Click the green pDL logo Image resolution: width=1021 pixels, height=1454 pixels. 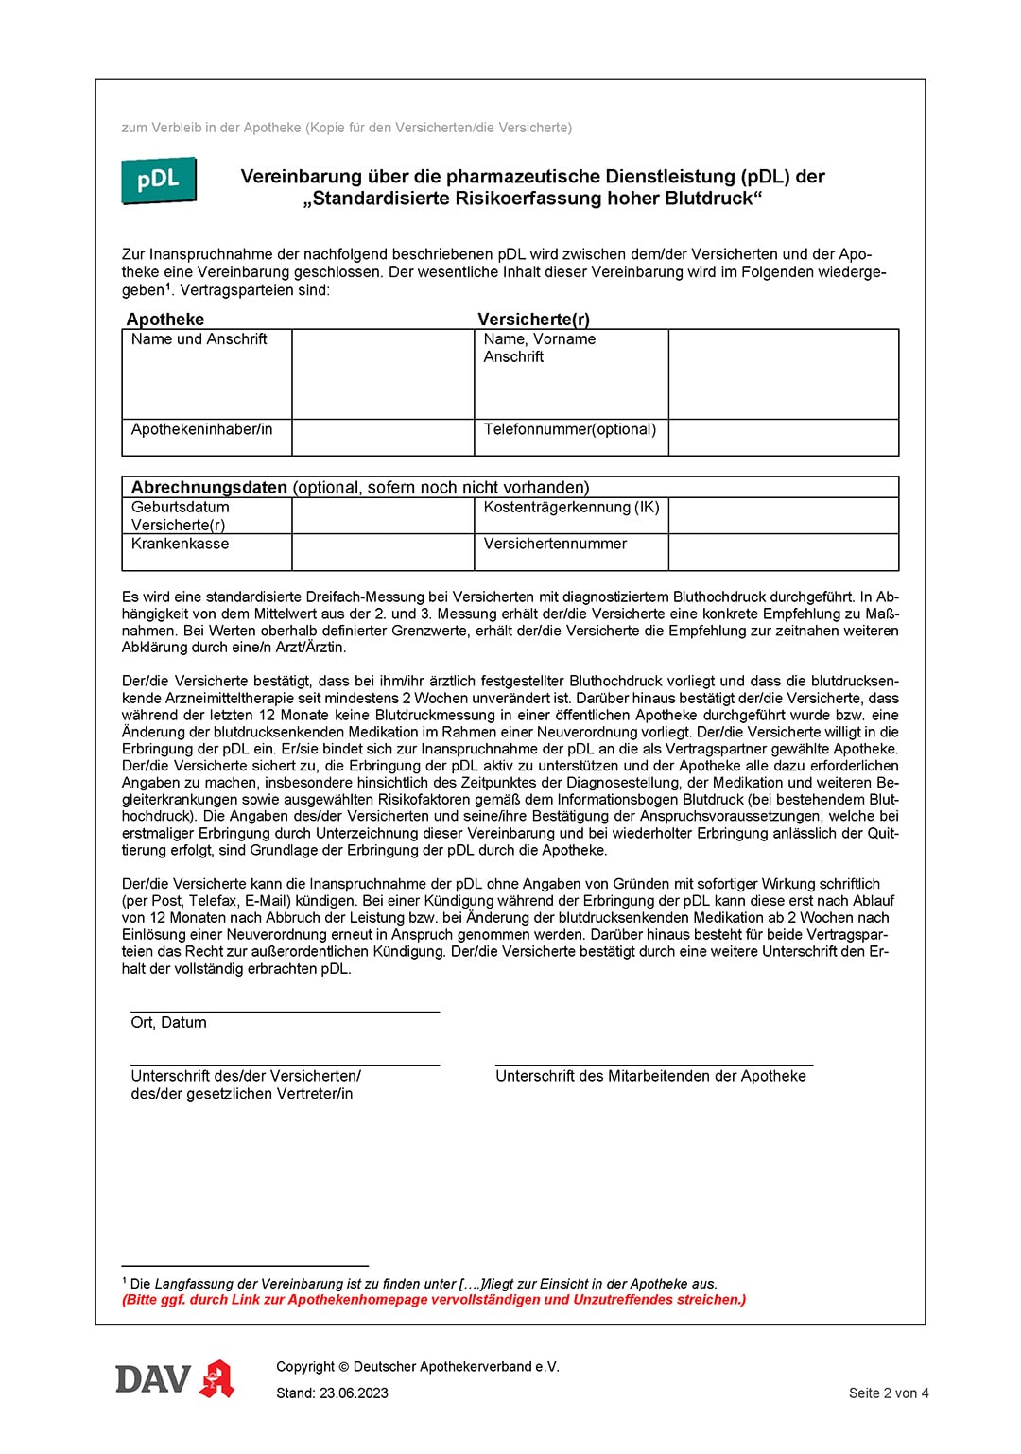click(158, 180)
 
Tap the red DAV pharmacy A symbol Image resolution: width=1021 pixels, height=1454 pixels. click(217, 1379)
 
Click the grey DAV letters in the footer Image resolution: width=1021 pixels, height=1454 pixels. click(152, 1379)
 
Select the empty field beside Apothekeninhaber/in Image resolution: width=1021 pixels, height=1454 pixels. click(382, 438)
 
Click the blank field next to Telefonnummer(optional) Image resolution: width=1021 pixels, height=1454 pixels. click(783, 438)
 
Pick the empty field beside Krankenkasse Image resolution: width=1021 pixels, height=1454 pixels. click(382, 552)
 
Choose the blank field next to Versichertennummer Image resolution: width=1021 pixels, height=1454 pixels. click(783, 552)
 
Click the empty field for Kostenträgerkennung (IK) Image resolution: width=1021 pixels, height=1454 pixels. click(783, 515)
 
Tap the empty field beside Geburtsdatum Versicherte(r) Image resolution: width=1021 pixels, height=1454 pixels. click(382, 515)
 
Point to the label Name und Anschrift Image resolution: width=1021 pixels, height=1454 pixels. click(199, 339)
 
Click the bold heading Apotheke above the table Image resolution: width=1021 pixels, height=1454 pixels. click(165, 320)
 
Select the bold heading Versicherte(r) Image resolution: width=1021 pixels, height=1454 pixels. click(533, 320)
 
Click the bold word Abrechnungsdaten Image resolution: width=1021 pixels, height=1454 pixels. click(209, 488)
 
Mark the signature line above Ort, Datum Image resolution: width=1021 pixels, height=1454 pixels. click(285, 1012)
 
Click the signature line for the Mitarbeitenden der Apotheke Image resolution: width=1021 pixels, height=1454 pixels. click(653, 1065)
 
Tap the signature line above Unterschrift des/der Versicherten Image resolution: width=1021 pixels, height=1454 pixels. click(285, 1065)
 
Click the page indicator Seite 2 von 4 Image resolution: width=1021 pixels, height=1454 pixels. click(888, 1393)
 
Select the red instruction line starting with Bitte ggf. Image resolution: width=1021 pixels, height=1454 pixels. click(434, 1300)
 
